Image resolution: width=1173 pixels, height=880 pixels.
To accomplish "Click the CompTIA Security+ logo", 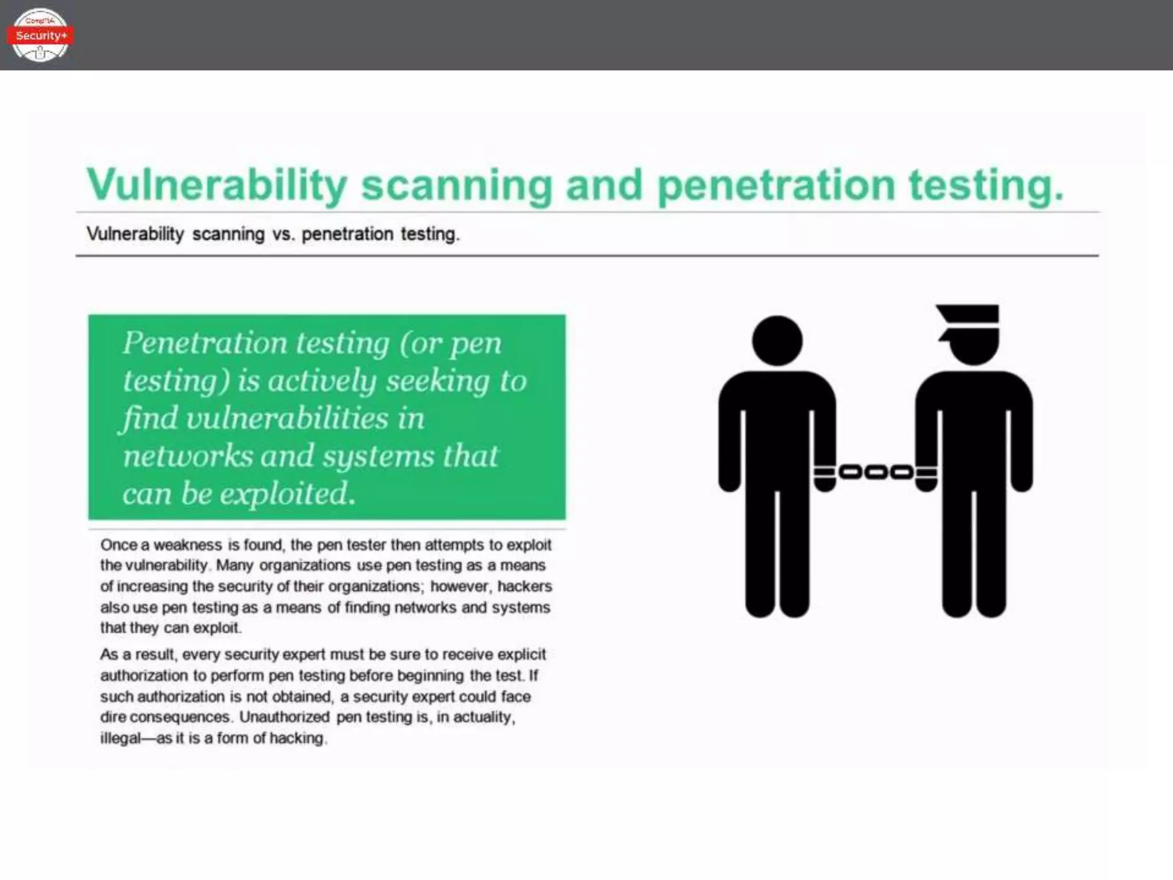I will pos(40,35).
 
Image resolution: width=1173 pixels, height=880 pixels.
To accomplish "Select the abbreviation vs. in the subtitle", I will pos(283,234).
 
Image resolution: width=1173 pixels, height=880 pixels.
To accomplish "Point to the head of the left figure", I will pos(777,341).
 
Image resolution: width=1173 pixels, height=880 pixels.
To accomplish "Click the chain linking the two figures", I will pos(876,473).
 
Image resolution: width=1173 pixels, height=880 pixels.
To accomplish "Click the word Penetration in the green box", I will pos(204,343).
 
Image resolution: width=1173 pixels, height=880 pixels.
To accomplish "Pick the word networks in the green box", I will pos(187,456).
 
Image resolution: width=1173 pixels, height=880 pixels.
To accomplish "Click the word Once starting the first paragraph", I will pos(119,544).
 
